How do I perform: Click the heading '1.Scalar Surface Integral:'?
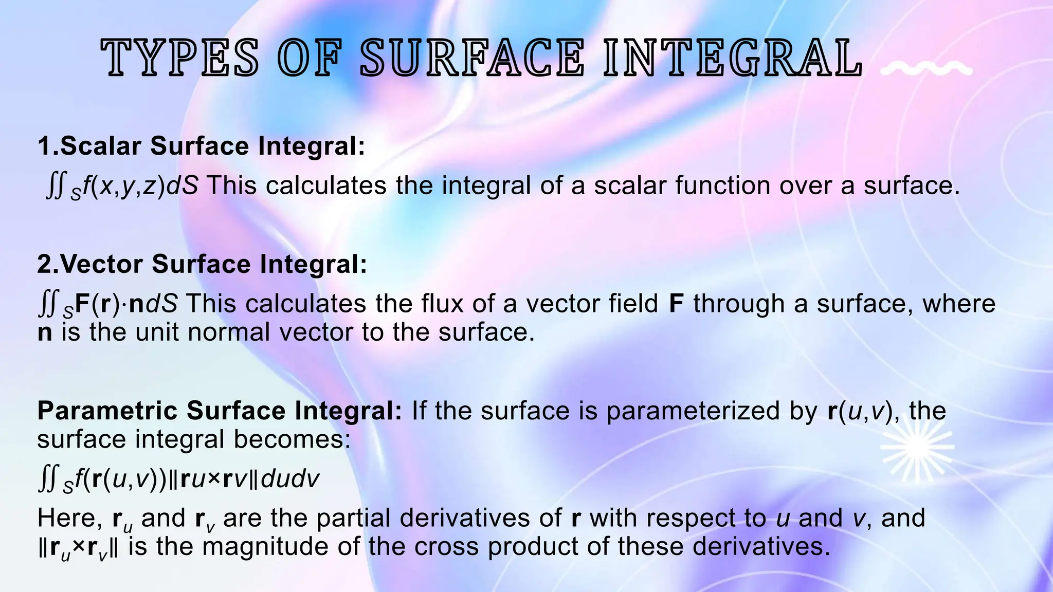point(201,146)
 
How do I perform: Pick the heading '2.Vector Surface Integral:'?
point(202,264)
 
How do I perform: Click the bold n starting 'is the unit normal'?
point(45,332)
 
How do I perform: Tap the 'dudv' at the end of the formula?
point(291,479)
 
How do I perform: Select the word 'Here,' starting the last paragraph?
point(70,518)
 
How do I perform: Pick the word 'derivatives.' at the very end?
point(761,546)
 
